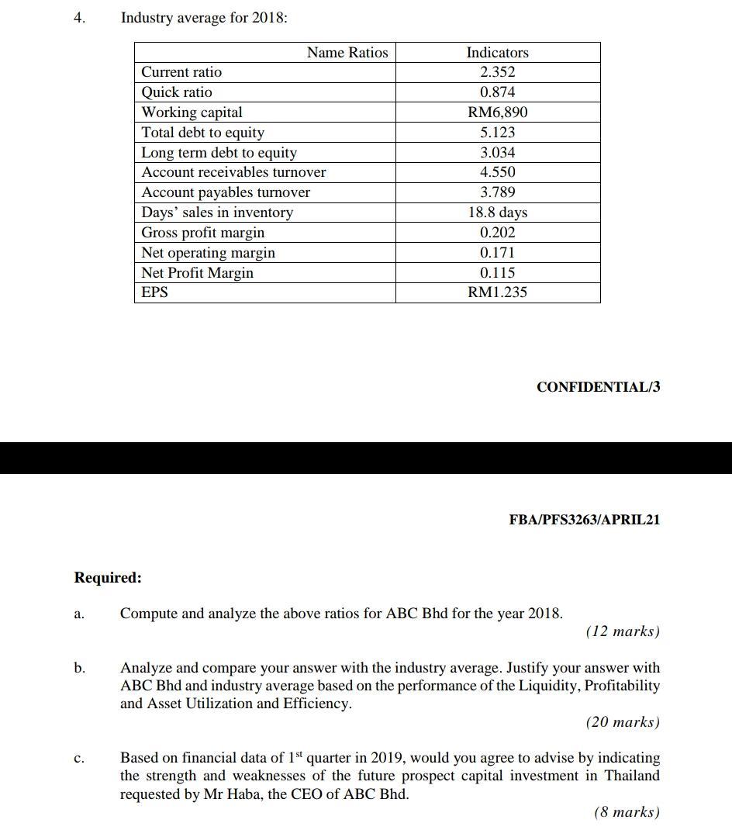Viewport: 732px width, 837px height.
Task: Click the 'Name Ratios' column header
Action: point(347,53)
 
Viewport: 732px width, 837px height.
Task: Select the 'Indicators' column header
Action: point(497,53)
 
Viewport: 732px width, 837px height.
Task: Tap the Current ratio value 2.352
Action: point(497,72)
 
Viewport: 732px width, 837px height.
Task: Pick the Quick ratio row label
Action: point(177,92)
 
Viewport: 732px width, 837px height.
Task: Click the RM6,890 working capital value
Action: point(497,112)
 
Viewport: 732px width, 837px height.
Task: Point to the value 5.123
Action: point(497,133)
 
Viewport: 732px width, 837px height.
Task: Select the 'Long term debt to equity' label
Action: point(219,153)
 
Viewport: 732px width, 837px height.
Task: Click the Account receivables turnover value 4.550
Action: point(497,172)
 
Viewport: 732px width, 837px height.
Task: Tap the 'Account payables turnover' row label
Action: point(226,192)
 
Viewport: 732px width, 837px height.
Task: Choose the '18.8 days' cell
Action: point(497,213)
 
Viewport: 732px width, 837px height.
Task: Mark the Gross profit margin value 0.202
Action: point(497,233)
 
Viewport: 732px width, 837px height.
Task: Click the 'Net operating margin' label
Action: point(208,253)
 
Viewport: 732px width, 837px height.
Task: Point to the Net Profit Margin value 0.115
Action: point(497,273)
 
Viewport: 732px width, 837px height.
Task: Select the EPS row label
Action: point(154,292)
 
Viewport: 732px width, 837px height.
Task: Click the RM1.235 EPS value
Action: point(497,292)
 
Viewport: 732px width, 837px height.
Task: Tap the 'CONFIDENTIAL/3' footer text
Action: point(598,387)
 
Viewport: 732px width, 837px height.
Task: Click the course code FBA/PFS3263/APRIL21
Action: point(584,520)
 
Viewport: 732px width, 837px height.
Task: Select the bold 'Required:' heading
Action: point(108,578)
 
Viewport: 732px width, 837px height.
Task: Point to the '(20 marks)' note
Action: point(623,722)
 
